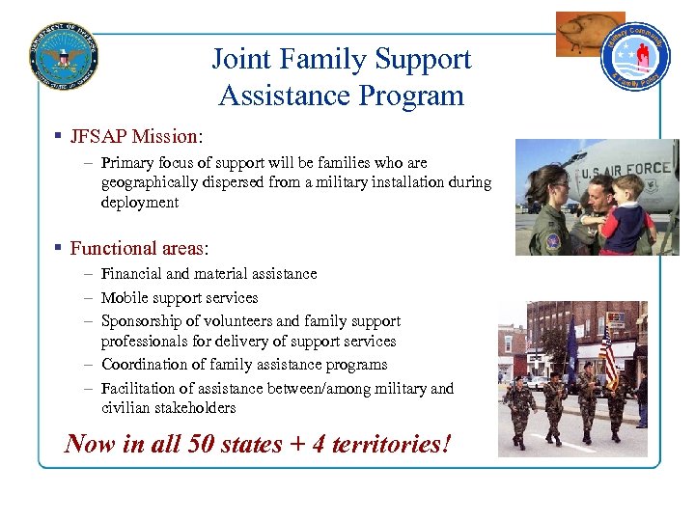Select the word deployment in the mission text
(x=139, y=203)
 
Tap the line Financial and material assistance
(x=208, y=274)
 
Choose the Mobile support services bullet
(x=180, y=298)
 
